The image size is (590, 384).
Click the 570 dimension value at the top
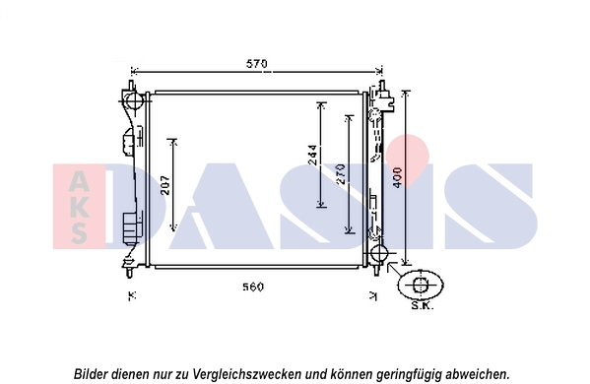click(257, 64)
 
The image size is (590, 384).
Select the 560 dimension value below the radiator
click(253, 287)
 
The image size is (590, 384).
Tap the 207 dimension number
click(165, 185)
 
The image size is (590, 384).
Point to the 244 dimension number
click(312, 155)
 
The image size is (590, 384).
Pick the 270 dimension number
click(341, 173)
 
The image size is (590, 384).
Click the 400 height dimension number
click(397, 177)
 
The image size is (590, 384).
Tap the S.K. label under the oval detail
click(423, 305)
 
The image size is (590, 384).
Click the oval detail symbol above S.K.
click(421, 285)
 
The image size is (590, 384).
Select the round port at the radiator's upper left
click(133, 100)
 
